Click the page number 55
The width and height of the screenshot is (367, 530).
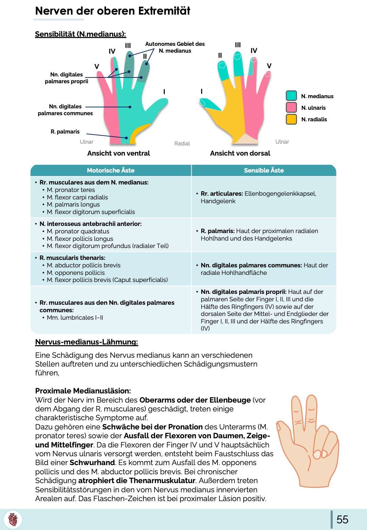pyautogui.click(x=342, y=519)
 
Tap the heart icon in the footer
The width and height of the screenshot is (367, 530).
pyautogui.click(x=13, y=519)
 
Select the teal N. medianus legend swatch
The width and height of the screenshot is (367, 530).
pyautogui.click(x=291, y=96)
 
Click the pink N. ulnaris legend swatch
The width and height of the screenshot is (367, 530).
pyautogui.click(x=291, y=108)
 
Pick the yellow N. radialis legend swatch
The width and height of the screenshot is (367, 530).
pyautogui.click(x=291, y=119)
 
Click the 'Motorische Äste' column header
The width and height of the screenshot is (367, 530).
pyautogui.click(x=110, y=170)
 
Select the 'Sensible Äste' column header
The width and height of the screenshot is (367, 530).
pyautogui.click(x=264, y=170)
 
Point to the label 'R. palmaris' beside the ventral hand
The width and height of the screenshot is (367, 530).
pyautogui.click(x=65, y=131)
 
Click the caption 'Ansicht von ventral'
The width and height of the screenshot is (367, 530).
pyautogui.click(x=118, y=153)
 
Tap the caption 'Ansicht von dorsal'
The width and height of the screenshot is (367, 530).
pyautogui.click(x=240, y=153)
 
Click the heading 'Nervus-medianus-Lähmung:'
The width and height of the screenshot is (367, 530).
pyautogui.click(x=86, y=342)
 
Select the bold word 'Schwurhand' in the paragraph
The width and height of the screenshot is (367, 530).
pyautogui.click(x=92, y=462)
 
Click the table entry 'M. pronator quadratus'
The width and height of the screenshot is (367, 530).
pyautogui.click(x=78, y=231)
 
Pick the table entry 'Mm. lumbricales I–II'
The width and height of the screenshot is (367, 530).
pyautogui.click(x=75, y=318)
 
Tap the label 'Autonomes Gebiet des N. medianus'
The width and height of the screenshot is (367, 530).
pyautogui.click(x=175, y=47)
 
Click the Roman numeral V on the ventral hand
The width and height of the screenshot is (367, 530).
pyautogui.click(x=97, y=67)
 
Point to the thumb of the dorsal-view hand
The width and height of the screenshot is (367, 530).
pyautogui.click(x=209, y=104)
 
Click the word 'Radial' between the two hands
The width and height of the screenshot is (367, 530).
pyautogui.click(x=182, y=143)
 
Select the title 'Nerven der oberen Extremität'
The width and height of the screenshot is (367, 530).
pyautogui.click(x=112, y=11)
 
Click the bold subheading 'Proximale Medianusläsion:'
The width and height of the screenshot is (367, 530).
pyautogui.click(x=83, y=391)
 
